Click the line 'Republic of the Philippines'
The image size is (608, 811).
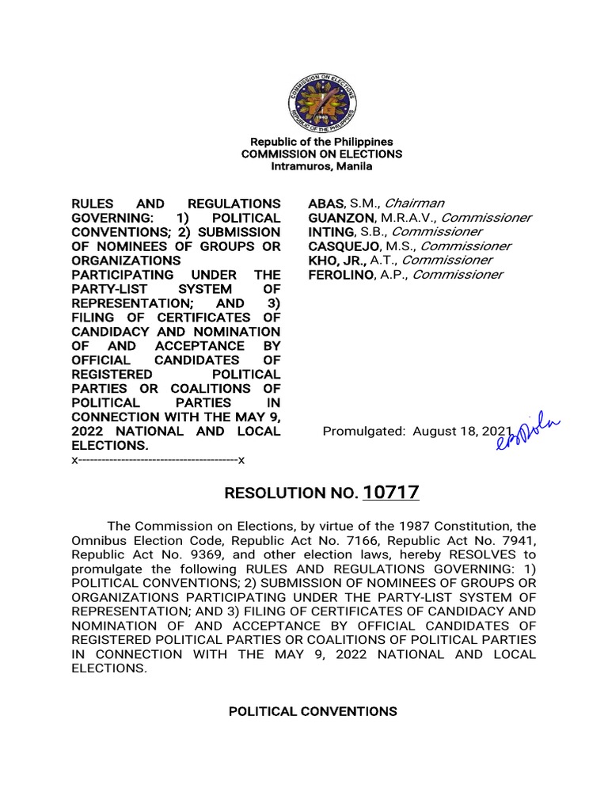pos(321,141)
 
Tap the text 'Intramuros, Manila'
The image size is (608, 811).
pos(321,166)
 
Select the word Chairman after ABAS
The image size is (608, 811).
pos(421,204)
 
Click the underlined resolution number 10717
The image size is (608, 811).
pos(391,493)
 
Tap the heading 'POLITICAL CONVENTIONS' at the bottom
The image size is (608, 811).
pos(313,712)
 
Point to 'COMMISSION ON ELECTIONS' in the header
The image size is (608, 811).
pos(321,154)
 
